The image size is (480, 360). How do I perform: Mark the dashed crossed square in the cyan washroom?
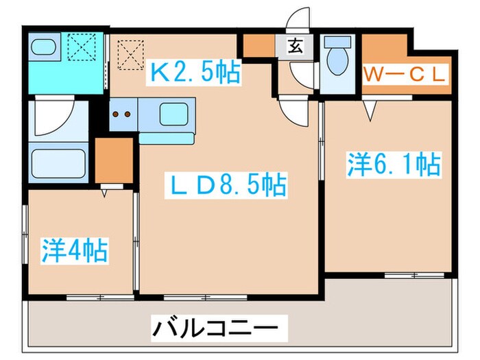click(x=86, y=48)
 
